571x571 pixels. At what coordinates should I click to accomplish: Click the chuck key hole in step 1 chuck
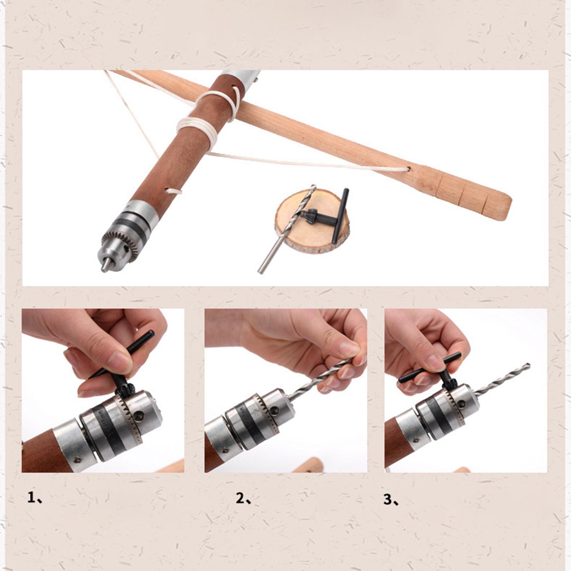pos(139,415)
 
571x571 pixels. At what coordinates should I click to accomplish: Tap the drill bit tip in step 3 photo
pos(529,366)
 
